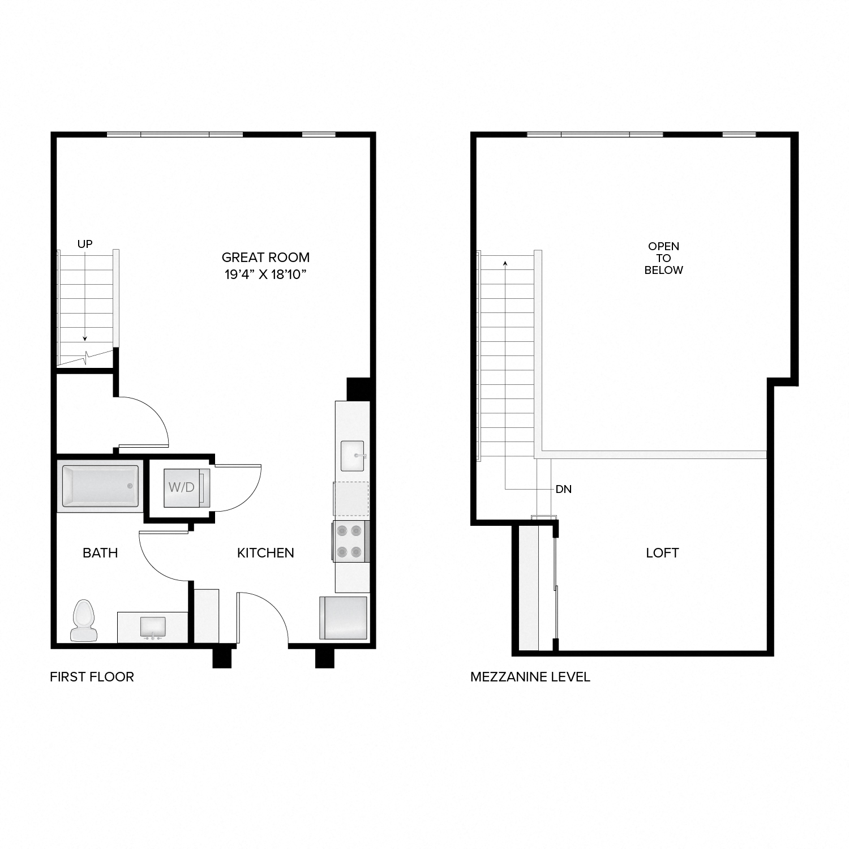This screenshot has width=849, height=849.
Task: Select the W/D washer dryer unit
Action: pos(182,487)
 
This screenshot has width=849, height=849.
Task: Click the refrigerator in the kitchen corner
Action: pos(344,618)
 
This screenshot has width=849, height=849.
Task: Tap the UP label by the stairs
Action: pos(85,244)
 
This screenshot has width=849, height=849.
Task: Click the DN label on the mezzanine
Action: pos(564,490)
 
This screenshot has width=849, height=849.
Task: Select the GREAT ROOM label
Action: pos(265,258)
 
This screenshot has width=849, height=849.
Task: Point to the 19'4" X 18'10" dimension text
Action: pos(265,275)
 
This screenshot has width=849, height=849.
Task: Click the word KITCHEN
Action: pos(265,553)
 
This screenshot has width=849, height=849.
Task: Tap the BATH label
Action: pos(100,553)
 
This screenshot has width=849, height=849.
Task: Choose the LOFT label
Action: pos(662,553)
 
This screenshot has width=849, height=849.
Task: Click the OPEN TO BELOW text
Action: pos(663,258)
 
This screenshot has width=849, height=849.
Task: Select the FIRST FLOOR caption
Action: pos(92,677)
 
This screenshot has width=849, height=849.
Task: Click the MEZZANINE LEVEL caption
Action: pos(530,677)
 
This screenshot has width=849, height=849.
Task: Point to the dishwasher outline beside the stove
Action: pos(351,499)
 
